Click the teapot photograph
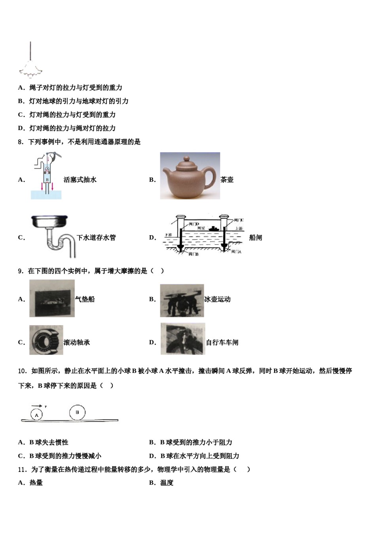pyautogui.click(x=190, y=176)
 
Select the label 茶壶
pyautogui.click(x=227, y=180)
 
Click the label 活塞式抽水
pyautogui.click(x=80, y=180)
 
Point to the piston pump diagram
pyautogui.click(x=47, y=176)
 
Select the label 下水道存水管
pyautogui.click(x=96, y=238)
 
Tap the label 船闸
pyautogui.click(x=256, y=238)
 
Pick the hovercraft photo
pyautogui.click(x=52, y=299)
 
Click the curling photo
pyautogui.click(x=182, y=301)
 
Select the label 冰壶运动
pyautogui.click(x=217, y=299)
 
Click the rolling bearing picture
pyautogui.click(x=46, y=340)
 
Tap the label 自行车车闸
pyautogui.click(x=222, y=342)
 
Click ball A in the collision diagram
pyautogui.click(x=36, y=415)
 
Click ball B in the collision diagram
pyautogui.click(x=77, y=412)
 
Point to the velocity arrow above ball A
pyautogui.click(x=37, y=406)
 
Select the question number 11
pyautogui.click(x=22, y=470)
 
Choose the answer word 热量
pyautogui.click(x=36, y=483)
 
